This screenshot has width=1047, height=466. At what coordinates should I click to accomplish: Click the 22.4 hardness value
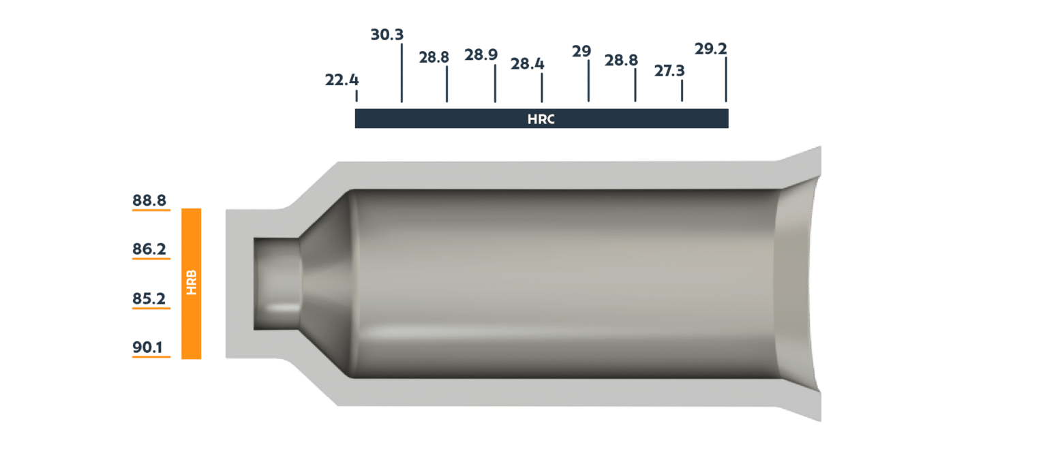(x=342, y=80)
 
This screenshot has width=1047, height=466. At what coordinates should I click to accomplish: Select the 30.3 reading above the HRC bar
(x=386, y=34)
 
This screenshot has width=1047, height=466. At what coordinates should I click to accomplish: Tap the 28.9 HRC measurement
(x=481, y=55)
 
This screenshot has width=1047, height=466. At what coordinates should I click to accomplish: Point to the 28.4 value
(x=527, y=64)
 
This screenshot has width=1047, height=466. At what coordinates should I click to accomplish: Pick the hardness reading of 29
(x=581, y=52)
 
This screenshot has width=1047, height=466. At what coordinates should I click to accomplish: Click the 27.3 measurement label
(x=669, y=71)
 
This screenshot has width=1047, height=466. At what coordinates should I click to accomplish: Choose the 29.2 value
(x=710, y=49)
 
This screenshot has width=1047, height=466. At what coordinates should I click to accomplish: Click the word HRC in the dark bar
(x=541, y=119)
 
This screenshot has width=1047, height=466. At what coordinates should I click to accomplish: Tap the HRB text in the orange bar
(x=192, y=283)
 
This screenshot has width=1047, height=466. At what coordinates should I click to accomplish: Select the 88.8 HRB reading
(x=149, y=200)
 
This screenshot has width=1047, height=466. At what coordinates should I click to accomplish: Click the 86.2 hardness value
(x=149, y=249)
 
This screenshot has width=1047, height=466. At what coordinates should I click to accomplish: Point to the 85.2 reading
(x=149, y=298)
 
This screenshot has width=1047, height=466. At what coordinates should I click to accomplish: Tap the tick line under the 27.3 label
(x=682, y=91)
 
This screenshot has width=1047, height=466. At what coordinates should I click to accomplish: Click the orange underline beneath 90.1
(x=151, y=358)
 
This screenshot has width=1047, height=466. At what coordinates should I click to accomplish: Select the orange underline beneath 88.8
(x=151, y=211)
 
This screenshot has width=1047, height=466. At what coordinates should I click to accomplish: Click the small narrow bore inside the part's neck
(x=276, y=283)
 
